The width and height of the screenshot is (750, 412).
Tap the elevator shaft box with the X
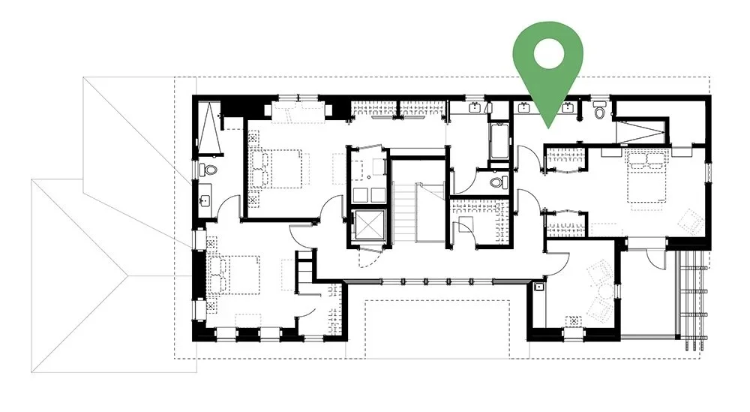pyautogui.click(x=367, y=226)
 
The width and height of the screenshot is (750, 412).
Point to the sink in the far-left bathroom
pyautogui.click(x=205, y=201)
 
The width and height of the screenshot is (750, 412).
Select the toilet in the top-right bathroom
pyautogui.click(x=598, y=114)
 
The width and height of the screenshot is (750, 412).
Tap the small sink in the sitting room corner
pyautogui.click(x=538, y=286)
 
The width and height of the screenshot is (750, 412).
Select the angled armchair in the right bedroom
pyautogui.click(x=685, y=219)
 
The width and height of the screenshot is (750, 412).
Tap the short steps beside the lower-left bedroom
pyautogui.click(x=304, y=267)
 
